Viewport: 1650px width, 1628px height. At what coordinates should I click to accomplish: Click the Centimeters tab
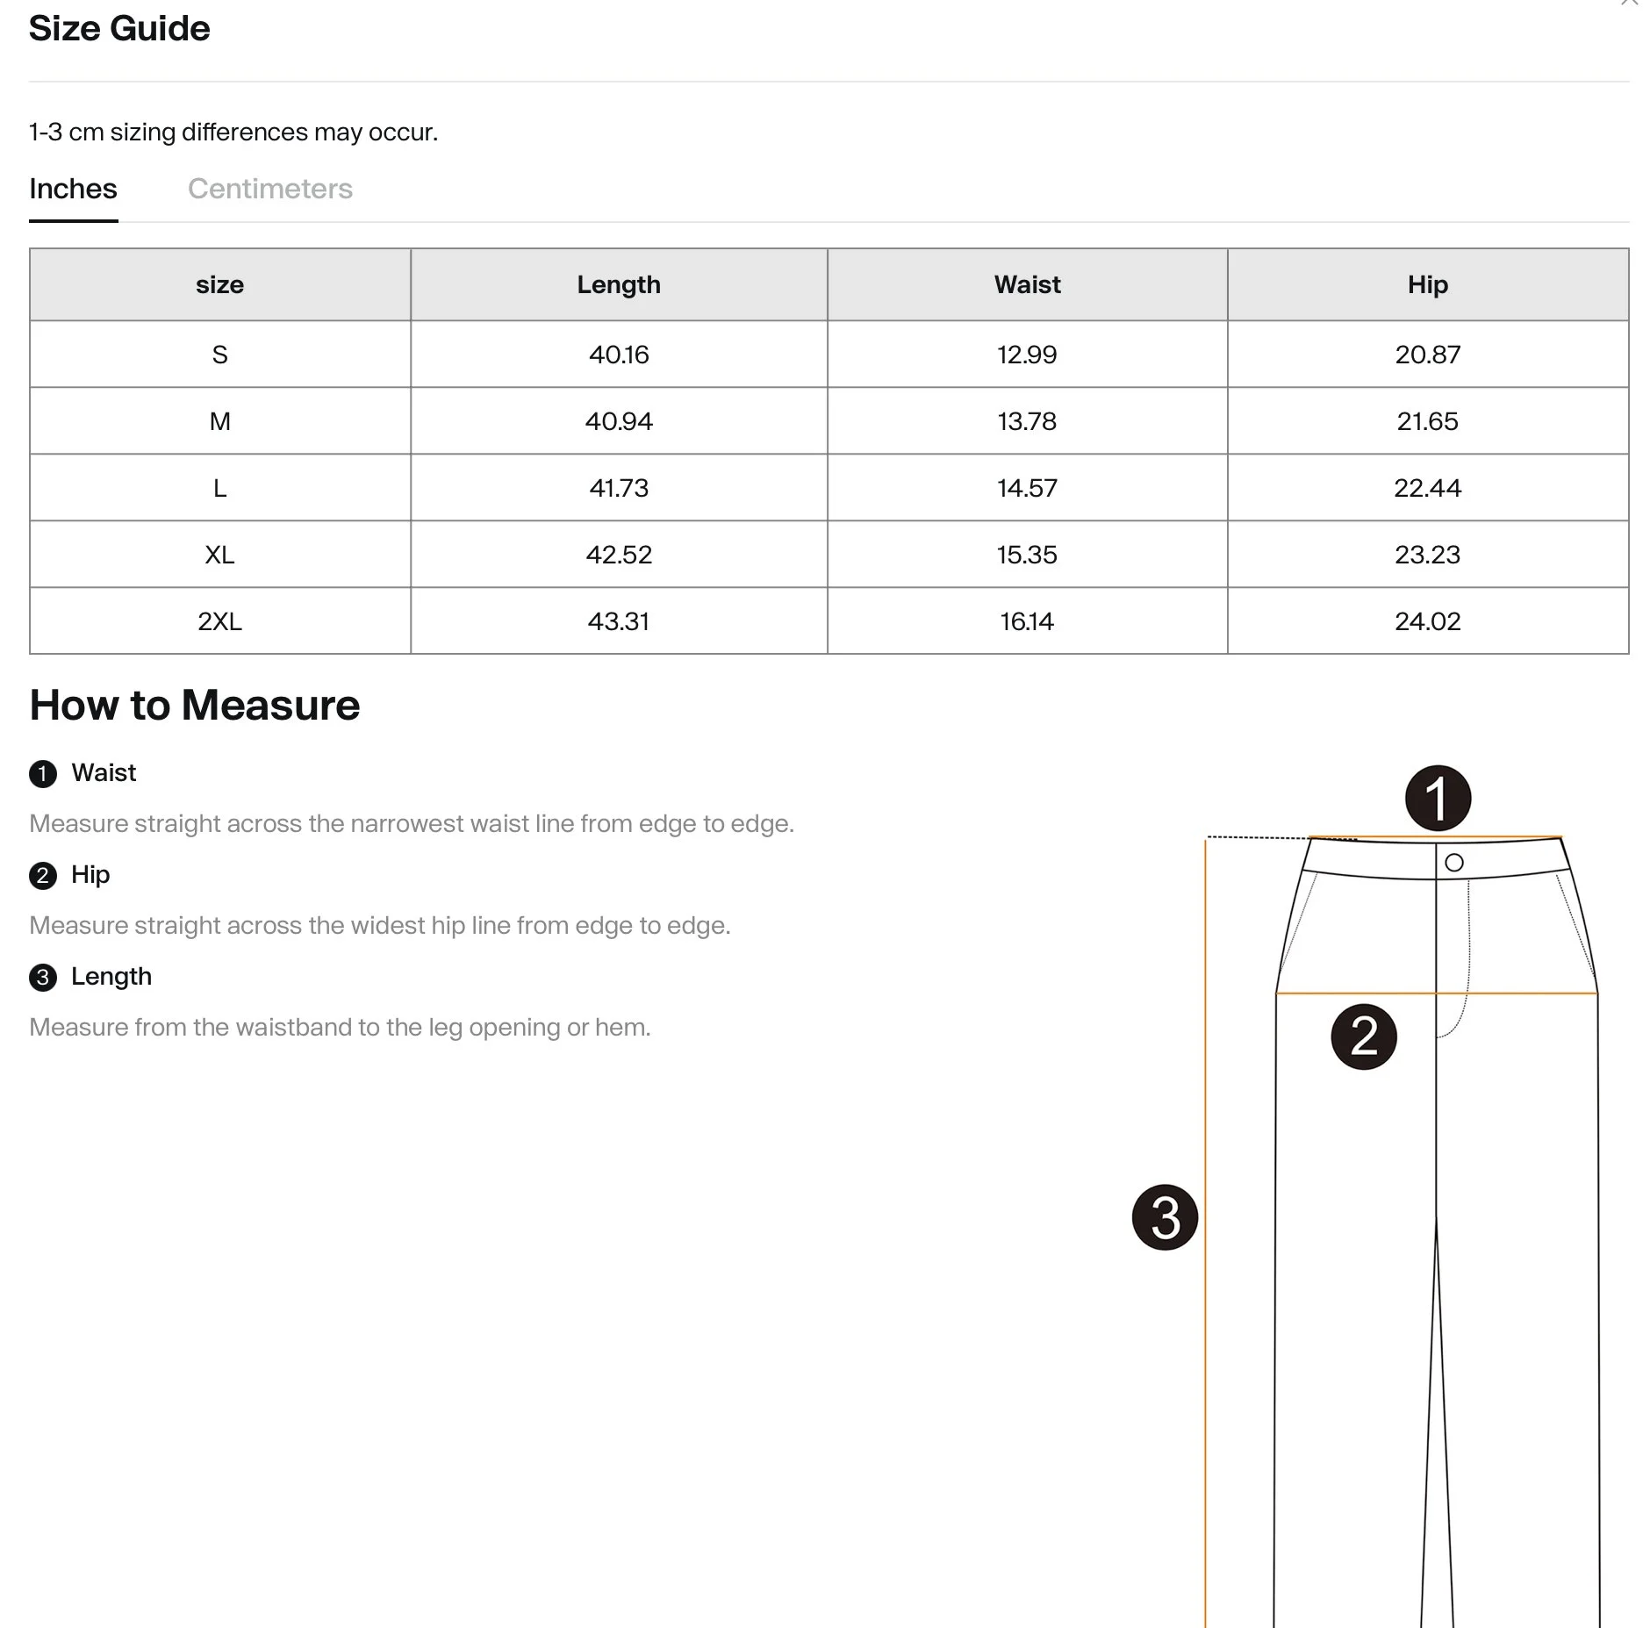tap(269, 189)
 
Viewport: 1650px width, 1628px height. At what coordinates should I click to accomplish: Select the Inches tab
tap(73, 189)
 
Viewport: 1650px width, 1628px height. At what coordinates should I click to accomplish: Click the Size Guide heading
tap(119, 29)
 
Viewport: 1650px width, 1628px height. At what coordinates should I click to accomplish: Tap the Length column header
tap(619, 284)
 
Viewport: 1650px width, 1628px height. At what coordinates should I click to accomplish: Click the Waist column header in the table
tap(1027, 284)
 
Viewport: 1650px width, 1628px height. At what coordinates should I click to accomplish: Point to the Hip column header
tap(1427, 284)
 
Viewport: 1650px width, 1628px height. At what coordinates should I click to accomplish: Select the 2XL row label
tap(219, 621)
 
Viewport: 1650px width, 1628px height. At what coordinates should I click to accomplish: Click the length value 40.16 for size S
tap(619, 355)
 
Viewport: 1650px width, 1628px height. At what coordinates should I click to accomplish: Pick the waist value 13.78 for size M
tap(1027, 421)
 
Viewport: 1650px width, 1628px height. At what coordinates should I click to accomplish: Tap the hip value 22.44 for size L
tap(1427, 488)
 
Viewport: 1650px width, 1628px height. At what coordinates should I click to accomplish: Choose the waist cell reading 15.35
tap(1027, 555)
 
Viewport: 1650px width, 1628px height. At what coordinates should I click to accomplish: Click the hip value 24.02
tap(1427, 621)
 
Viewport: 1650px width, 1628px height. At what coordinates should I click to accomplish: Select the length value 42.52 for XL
tap(619, 555)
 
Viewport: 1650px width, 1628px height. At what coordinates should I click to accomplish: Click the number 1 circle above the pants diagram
tap(1438, 798)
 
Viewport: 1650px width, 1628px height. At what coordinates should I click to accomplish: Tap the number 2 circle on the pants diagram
tap(1363, 1036)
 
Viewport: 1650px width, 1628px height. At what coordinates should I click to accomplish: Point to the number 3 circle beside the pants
tap(1165, 1217)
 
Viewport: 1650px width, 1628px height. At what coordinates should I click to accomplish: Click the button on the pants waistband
tap(1453, 863)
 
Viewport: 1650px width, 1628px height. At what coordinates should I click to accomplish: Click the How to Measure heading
tap(195, 705)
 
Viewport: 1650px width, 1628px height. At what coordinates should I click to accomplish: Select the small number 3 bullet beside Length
tap(43, 978)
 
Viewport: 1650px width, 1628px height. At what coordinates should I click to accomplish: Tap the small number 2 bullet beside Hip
tap(43, 876)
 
